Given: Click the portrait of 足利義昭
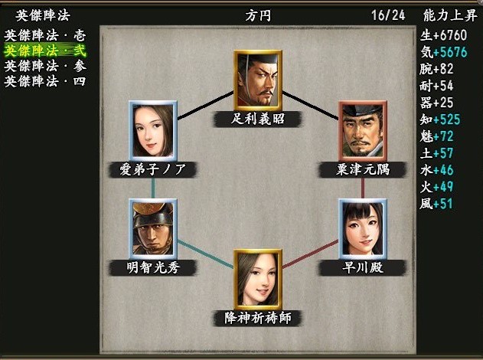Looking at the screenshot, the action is pyautogui.click(x=258, y=80).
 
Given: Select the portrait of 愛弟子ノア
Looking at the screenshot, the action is pyautogui.click(x=153, y=131).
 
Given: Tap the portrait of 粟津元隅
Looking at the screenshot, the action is pyautogui.click(x=363, y=131).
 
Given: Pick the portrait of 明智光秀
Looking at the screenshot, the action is pyautogui.click(x=153, y=229).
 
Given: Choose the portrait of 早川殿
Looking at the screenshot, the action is pyautogui.click(x=363, y=229).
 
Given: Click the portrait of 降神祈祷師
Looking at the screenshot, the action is pyautogui.click(x=258, y=280).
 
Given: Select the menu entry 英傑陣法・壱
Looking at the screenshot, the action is pyautogui.click(x=45, y=36).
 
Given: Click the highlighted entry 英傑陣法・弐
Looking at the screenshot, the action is pyautogui.click(x=45, y=51).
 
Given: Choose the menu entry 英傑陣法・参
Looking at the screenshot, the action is pyautogui.click(x=45, y=66).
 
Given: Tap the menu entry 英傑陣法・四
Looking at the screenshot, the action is pyautogui.click(x=45, y=81).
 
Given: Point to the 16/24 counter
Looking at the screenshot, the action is pyautogui.click(x=388, y=15).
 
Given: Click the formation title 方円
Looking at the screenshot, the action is pyautogui.click(x=258, y=15).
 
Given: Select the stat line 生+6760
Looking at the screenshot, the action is pyautogui.click(x=443, y=35).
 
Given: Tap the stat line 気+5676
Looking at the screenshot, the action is pyautogui.click(x=443, y=52).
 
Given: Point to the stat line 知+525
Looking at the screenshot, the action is pyautogui.click(x=440, y=119).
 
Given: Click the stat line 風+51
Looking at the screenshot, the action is pyautogui.click(x=436, y=204).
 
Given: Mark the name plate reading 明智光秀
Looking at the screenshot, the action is pyautogui.click(x=153, y=267).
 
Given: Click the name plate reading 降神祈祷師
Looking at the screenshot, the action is pyautogui.click(x=258, y=318).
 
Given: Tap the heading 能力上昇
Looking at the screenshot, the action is pyautogui.click(x=450, y=15).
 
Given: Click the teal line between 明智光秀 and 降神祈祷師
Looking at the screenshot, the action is pyautogui.click(x=205, y=254).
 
